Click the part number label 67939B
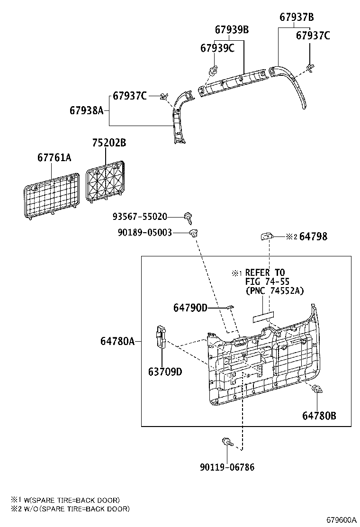click(231, 30)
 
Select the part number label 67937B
click(297, 18)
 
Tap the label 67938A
click(86, 110)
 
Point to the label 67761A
click(54, 157)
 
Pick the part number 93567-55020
click(140, 217)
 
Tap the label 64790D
click(190, 308)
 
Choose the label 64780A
click(117, 341)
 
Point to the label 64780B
click(319, 416)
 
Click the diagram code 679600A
click(340, 519)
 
